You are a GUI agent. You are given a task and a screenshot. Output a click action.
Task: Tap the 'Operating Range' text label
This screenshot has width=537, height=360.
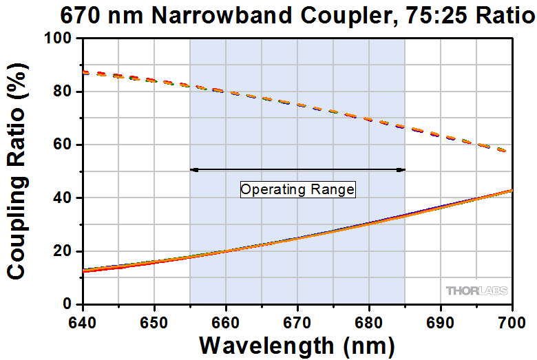click(297, 189)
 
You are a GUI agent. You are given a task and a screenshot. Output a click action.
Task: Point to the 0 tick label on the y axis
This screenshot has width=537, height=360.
click(67, 304)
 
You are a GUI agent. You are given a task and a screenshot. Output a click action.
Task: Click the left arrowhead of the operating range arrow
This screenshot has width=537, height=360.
click(193, 169)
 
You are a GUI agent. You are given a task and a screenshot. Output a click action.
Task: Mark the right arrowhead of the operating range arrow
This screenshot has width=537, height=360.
click(401, 169)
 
